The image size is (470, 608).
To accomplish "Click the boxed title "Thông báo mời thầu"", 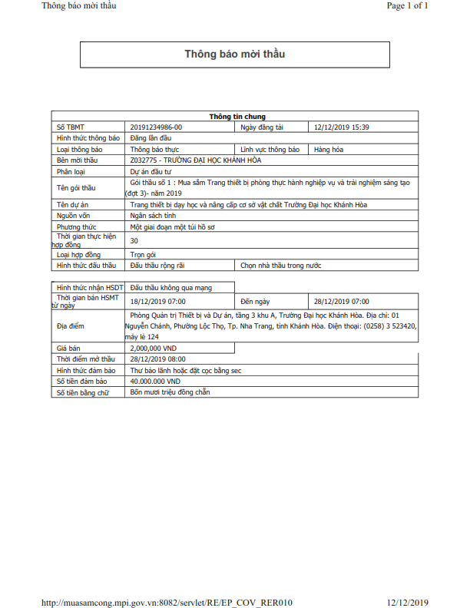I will tap(234, 55).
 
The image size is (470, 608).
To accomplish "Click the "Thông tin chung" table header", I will tap(237, 117).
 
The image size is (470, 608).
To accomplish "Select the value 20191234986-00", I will tap(157, 127).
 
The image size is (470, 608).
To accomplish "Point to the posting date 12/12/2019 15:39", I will tap(342, 127).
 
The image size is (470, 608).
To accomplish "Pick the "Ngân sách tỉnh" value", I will tap(156, 216).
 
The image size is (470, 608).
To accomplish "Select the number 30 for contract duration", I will tap(134, 240).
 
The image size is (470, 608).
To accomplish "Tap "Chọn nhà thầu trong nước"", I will tap(281, 265).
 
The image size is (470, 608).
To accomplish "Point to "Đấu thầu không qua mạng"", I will tap(170, 286).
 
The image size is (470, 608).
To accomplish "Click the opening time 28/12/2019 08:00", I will tap(157, 359).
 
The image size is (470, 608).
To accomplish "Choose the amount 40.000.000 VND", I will tap(155, 381).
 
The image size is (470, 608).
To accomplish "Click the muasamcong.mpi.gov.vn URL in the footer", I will tap(166, 602).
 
